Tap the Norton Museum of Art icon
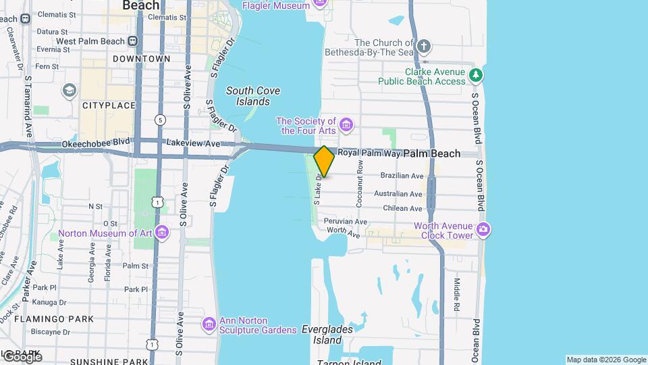[161, 233]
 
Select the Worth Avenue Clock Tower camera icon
[483, 230]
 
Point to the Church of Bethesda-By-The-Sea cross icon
[423, 47]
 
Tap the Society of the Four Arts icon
[346, 125]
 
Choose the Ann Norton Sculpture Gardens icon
[209, 325]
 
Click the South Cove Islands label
[253, 96]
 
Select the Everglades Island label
[322, 335]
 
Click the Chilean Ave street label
[402, 208]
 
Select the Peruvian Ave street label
[345, 221]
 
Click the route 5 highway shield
[159, 120]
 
